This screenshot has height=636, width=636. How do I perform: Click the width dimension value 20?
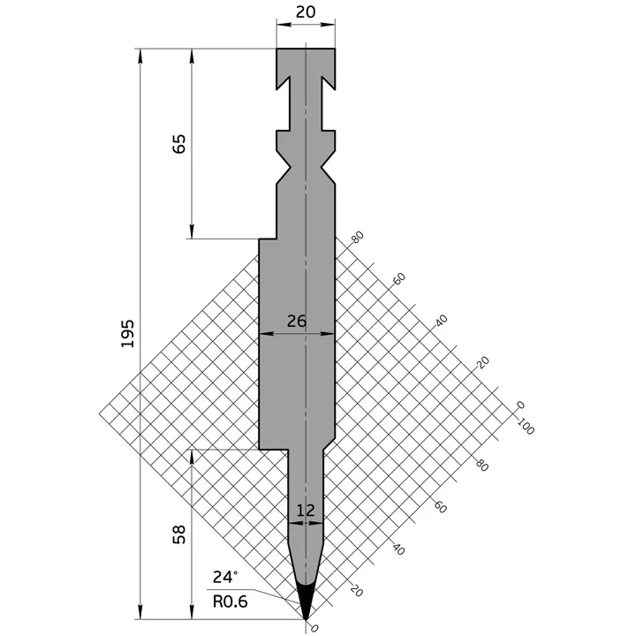pos(305,12)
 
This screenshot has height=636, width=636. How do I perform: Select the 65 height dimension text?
pos(179,144)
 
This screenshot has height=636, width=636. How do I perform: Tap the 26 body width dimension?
pos(297,322)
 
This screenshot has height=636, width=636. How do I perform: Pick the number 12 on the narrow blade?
pos(306,510)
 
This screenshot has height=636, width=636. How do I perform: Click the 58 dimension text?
pos(179,535)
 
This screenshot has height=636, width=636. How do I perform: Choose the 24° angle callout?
pos(224,578)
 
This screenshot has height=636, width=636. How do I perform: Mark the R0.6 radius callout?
pos(229,602)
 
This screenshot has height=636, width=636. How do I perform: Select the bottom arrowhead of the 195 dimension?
pos(140,612)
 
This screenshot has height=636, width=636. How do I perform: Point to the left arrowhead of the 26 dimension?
pos(264,334)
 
